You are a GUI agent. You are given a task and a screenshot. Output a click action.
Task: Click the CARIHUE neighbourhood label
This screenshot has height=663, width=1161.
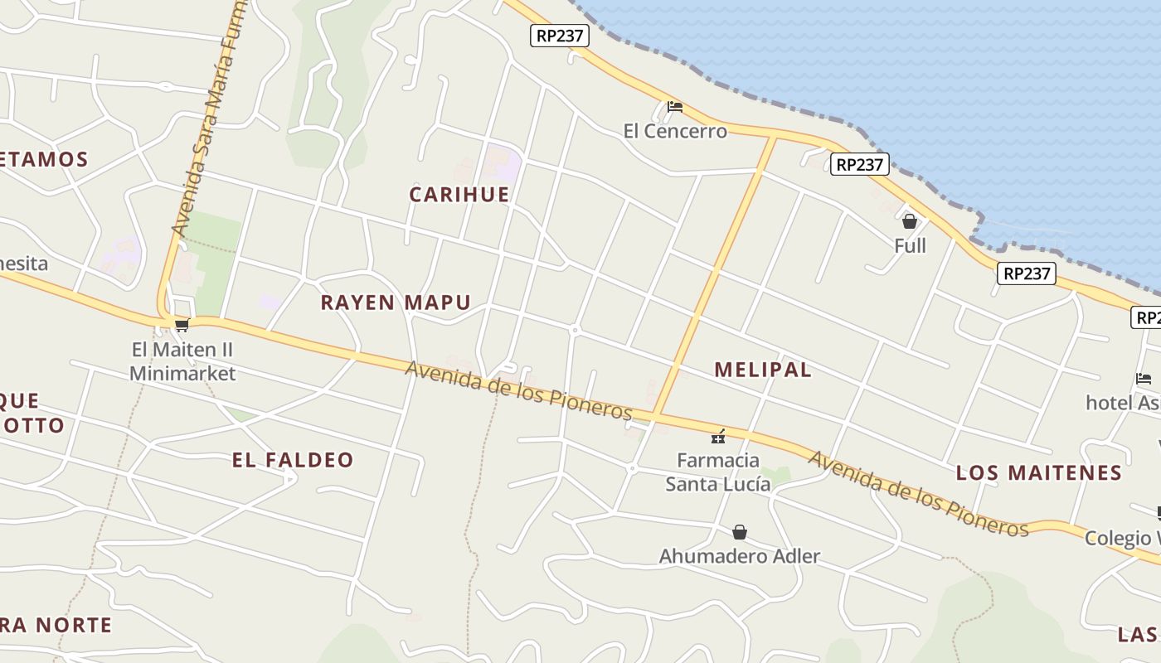click(459, 194)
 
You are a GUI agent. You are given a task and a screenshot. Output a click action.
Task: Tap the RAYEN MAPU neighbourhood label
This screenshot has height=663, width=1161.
click(396, 302)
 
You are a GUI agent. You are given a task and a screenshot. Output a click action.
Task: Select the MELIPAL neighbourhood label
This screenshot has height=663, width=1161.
click(763, 370)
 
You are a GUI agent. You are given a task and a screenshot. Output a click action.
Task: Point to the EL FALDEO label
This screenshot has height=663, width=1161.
click(293, 460)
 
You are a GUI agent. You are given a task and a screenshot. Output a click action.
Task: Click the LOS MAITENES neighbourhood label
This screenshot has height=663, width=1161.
click(1039, 473)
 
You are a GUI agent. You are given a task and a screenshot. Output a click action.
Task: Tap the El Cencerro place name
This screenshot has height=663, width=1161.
click(675, 131)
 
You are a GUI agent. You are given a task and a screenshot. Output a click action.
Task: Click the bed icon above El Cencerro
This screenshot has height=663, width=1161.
click(675, 107)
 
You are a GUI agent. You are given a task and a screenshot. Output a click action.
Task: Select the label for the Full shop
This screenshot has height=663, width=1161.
click(910, 245)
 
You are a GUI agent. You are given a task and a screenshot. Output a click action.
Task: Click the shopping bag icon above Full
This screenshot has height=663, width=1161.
click(910, 221)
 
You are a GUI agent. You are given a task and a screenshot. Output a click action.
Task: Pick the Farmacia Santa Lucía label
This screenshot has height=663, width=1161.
click(718, 472)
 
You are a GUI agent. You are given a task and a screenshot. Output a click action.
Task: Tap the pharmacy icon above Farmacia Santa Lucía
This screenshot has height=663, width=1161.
click(718, 436)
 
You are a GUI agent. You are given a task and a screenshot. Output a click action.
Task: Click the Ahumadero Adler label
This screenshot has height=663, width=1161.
click(740, 556)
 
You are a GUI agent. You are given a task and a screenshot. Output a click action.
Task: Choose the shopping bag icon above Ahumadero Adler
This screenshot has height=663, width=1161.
click(740, 532)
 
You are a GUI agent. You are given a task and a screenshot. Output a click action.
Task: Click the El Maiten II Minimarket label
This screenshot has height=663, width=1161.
click(182, 361)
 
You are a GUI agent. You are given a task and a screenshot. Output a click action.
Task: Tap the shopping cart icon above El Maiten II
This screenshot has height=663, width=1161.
click(182, 325)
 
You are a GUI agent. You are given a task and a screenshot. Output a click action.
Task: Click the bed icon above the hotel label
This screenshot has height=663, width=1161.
click(1144, 379)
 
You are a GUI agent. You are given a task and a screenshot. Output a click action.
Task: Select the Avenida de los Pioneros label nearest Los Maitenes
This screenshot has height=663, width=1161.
click(918, 494)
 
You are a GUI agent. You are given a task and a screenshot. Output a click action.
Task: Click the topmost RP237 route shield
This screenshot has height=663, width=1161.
click(559, 36)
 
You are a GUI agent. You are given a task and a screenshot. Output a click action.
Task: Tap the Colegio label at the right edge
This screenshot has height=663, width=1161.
click(1122, 538)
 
